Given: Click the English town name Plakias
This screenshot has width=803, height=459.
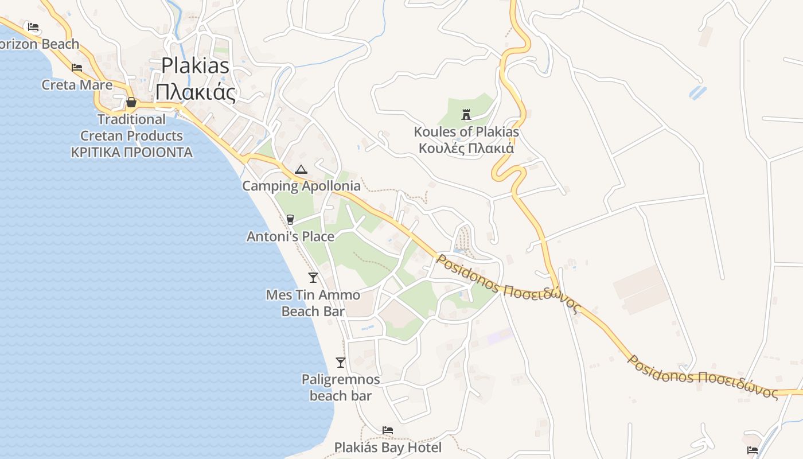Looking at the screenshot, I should click(195, 65).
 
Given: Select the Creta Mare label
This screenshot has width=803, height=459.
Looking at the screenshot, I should click(77, 85).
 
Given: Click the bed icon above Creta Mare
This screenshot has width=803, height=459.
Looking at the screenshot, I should click(77, 68).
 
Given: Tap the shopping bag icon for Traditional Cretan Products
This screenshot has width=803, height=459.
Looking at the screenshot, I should click(131, 103).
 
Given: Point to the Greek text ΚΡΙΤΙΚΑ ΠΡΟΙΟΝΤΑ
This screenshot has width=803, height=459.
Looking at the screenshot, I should click(131, 153).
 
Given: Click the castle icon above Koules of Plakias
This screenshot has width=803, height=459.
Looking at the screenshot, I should click(466, 115).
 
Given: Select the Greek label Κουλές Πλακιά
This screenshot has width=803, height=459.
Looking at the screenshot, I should click(466, 148).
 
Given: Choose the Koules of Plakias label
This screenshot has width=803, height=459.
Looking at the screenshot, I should click(466, 132).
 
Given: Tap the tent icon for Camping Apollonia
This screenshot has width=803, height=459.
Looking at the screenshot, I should click(301, 169).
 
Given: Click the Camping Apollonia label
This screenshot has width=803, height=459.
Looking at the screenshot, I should click(301, 186).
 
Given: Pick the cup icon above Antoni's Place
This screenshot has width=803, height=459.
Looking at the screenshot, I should click(290, 219).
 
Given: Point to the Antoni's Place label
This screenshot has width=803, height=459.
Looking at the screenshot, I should click(290, 236).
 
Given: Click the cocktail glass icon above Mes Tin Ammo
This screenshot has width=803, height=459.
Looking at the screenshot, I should click(313, 278).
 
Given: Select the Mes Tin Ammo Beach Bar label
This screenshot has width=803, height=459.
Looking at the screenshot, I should click(313, 303).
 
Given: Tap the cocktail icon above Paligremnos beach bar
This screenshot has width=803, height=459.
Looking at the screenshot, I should click(341, 363).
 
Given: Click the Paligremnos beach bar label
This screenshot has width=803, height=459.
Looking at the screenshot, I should click(341, 387).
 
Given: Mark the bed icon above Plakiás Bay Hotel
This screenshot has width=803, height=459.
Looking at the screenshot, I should click(388, 430).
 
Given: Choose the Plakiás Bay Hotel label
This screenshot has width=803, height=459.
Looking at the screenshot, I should click(388, 448).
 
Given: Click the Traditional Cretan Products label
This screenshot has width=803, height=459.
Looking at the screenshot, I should click(131, 127).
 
